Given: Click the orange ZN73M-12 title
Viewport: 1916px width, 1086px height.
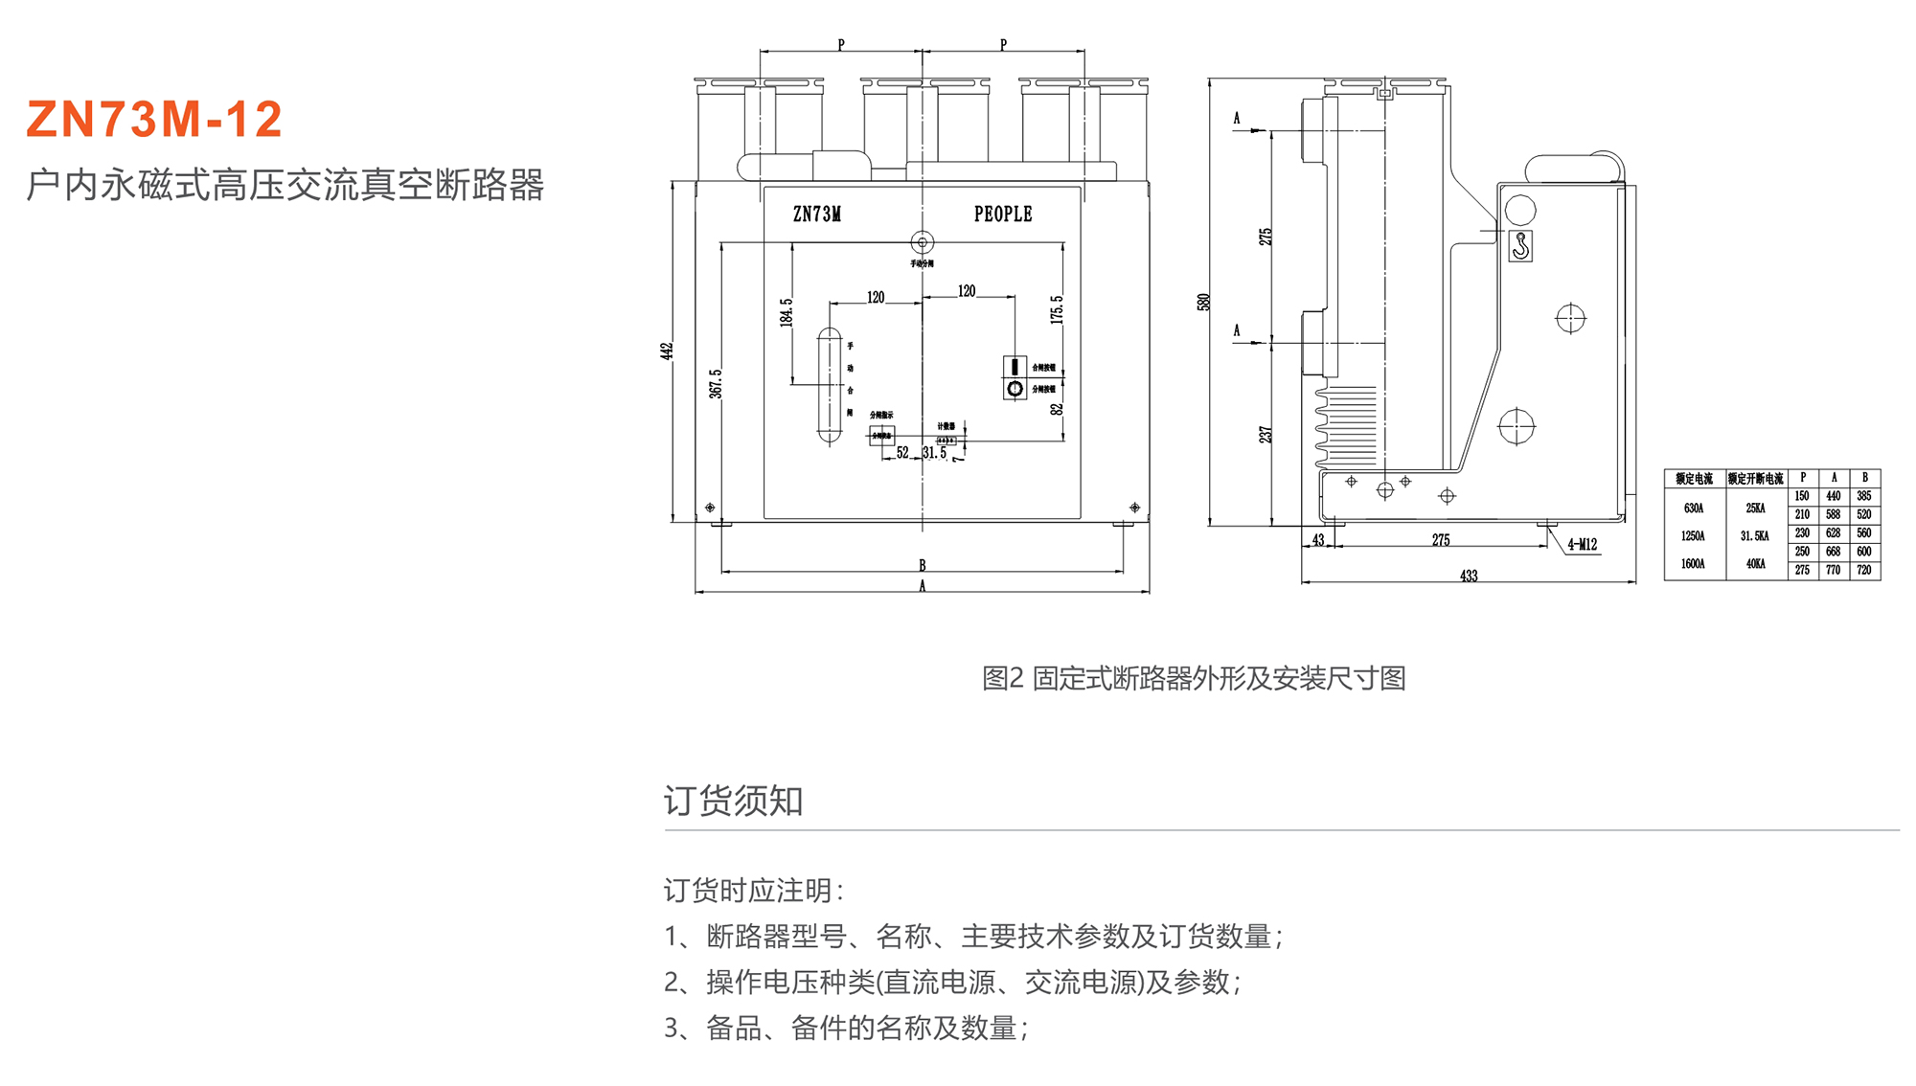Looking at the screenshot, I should (x=154, y=120).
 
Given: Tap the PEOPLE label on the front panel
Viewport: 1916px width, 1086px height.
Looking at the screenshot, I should (x=1003, y=215).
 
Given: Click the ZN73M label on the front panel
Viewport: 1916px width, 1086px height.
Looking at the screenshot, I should (x=816, y=215).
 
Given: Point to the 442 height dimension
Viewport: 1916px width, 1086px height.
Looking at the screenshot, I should (x=667, y=351).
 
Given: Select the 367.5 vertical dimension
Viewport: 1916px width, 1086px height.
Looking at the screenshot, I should (x=716, y=384).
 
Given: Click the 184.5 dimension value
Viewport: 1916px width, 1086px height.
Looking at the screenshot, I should (x=787, y=312).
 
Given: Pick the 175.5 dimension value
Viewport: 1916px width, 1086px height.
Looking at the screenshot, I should (x=1057, y=309).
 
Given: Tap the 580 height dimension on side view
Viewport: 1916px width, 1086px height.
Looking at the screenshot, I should (x=1204, y=302).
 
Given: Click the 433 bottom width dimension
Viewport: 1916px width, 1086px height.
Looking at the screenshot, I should (x=1468, y=576).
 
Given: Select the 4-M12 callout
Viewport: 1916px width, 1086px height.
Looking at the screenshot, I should (x=1582, y=545).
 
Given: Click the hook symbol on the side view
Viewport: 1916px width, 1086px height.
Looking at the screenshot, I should (x=1520, y=246).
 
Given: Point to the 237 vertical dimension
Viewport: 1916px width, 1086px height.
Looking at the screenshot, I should (x=1266, y=435).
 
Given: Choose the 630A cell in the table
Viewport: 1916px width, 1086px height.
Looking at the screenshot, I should (x=1694, y=509).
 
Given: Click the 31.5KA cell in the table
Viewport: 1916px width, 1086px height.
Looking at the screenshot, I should (x=1755, y=536).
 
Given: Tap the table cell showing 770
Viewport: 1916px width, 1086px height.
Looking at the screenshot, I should (x=1833, y=571).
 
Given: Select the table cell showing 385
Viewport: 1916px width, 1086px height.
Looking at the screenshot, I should (x=1864, y=496).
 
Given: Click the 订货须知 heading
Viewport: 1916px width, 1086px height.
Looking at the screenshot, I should (x=733, y=801).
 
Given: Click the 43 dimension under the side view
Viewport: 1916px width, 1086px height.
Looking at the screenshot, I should (x=1318, y=540).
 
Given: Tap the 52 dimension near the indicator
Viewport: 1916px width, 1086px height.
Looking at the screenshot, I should (x=902, y=453).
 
